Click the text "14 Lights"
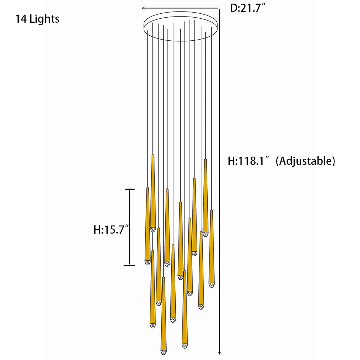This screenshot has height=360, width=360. pos(37,19)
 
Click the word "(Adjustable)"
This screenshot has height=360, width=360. pos(305,161)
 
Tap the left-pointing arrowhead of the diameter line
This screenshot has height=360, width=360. pos(144,8)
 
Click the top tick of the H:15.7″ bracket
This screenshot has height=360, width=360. pos(130,189)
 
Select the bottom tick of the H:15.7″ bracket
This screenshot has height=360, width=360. pos(130,265)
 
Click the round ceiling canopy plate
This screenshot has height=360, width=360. pos(181,26)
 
